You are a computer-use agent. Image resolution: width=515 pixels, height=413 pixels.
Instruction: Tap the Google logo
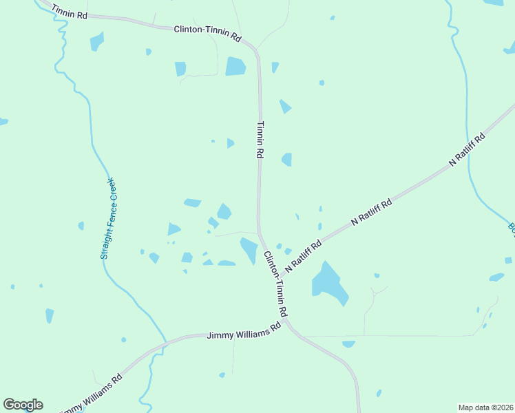(23, 405)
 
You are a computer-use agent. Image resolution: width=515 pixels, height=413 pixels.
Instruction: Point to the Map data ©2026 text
(486, 407)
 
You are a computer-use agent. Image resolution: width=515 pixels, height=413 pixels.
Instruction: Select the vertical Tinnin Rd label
(260, 140)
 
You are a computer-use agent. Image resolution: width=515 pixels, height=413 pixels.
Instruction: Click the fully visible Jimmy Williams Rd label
(244, 331)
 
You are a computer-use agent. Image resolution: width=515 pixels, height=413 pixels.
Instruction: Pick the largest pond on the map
(328, 283)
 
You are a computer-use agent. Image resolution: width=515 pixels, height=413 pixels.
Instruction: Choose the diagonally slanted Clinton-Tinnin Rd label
(275, 284)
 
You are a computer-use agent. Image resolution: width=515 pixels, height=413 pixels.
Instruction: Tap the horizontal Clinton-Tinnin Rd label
(207, 32)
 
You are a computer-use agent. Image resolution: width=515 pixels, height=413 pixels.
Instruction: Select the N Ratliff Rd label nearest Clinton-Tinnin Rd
(304, 255)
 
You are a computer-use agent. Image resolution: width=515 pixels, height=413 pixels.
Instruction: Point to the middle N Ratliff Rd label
(371, 212)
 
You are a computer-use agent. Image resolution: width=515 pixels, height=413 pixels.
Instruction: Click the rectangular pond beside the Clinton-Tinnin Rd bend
(235, 66)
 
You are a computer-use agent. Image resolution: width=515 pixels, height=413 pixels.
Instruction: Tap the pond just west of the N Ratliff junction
(249, 249)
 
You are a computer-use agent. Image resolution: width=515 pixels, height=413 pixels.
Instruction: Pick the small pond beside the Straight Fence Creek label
(81, 225)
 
